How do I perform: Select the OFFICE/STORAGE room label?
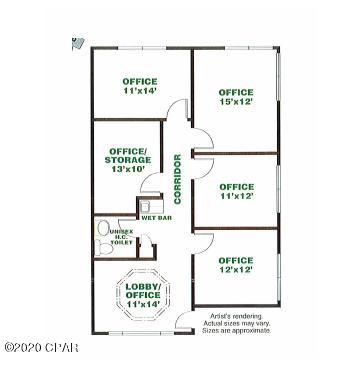[x=128, y=154]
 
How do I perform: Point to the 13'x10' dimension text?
[x=128, y=169]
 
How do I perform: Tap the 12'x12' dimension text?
[x=236, y=270]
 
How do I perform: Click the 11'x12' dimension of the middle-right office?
[x=236, y=196]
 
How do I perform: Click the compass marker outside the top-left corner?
[x=75, y=42]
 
